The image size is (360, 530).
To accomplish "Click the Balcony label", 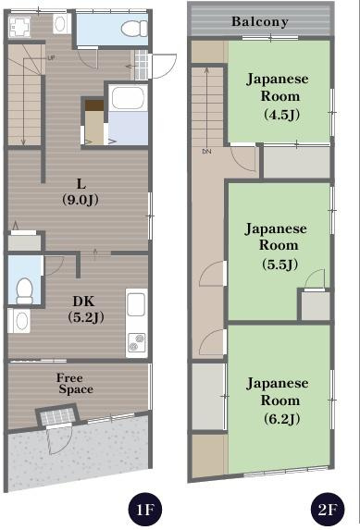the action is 260,22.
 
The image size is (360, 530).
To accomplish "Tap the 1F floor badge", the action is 145,509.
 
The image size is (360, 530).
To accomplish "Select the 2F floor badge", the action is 328,509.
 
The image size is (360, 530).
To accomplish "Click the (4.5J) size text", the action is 281,115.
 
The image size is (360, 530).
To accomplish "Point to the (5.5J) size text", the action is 280,265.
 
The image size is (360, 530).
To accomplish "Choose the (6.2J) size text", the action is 281,419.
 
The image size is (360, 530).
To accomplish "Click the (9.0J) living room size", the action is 81,200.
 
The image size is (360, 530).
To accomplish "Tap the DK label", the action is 83,302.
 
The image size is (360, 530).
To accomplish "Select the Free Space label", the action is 75,383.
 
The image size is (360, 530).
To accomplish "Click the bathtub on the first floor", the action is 128,98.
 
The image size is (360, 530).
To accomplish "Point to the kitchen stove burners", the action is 136,343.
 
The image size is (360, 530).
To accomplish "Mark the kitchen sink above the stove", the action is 136,304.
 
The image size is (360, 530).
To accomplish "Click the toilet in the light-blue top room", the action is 134,29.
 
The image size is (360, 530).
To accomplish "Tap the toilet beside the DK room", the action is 25,290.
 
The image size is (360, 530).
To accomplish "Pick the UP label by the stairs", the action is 51,58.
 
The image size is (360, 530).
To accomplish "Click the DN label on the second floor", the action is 206,152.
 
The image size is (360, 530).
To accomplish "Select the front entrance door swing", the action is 60,439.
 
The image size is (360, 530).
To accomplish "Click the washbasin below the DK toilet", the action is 19,321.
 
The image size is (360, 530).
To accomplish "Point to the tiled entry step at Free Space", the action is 56,415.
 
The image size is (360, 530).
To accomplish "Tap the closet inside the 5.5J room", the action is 316,306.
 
